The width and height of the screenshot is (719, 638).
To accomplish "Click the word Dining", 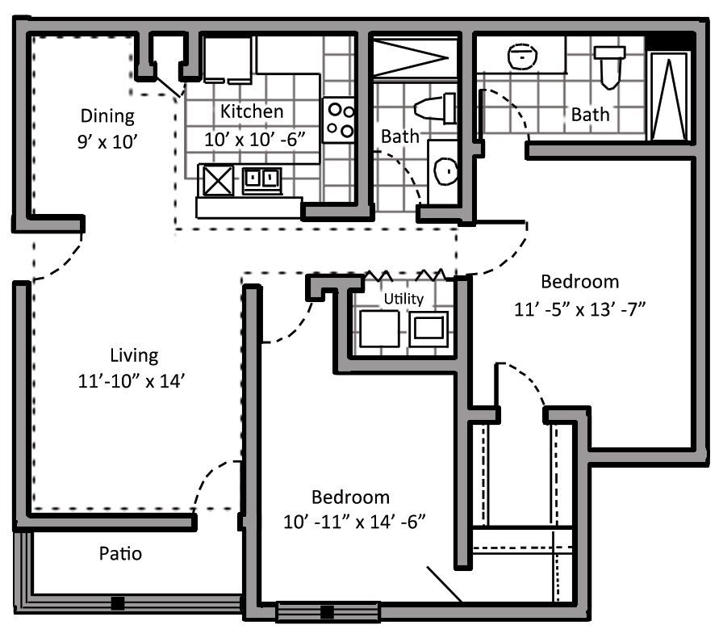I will point(107,115).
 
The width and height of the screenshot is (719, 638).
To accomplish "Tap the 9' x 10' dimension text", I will point(105,140).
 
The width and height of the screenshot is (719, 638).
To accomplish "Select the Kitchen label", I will point(253,111).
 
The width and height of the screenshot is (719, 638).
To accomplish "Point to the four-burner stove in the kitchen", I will point(340,120).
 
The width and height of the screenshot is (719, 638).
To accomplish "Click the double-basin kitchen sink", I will point(262,178).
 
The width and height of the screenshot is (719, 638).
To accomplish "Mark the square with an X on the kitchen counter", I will point(218,179).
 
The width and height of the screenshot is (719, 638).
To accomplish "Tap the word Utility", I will point(403,299).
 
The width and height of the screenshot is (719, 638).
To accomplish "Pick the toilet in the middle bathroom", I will point(434,107).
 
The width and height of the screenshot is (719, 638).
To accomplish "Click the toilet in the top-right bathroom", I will point(609,65).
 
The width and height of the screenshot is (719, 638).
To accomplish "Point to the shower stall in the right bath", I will point(668,95).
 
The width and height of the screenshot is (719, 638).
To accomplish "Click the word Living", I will point(134,355).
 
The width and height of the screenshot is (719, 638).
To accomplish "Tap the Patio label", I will point(120,554).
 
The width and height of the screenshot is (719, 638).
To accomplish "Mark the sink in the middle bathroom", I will point(443,170).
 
